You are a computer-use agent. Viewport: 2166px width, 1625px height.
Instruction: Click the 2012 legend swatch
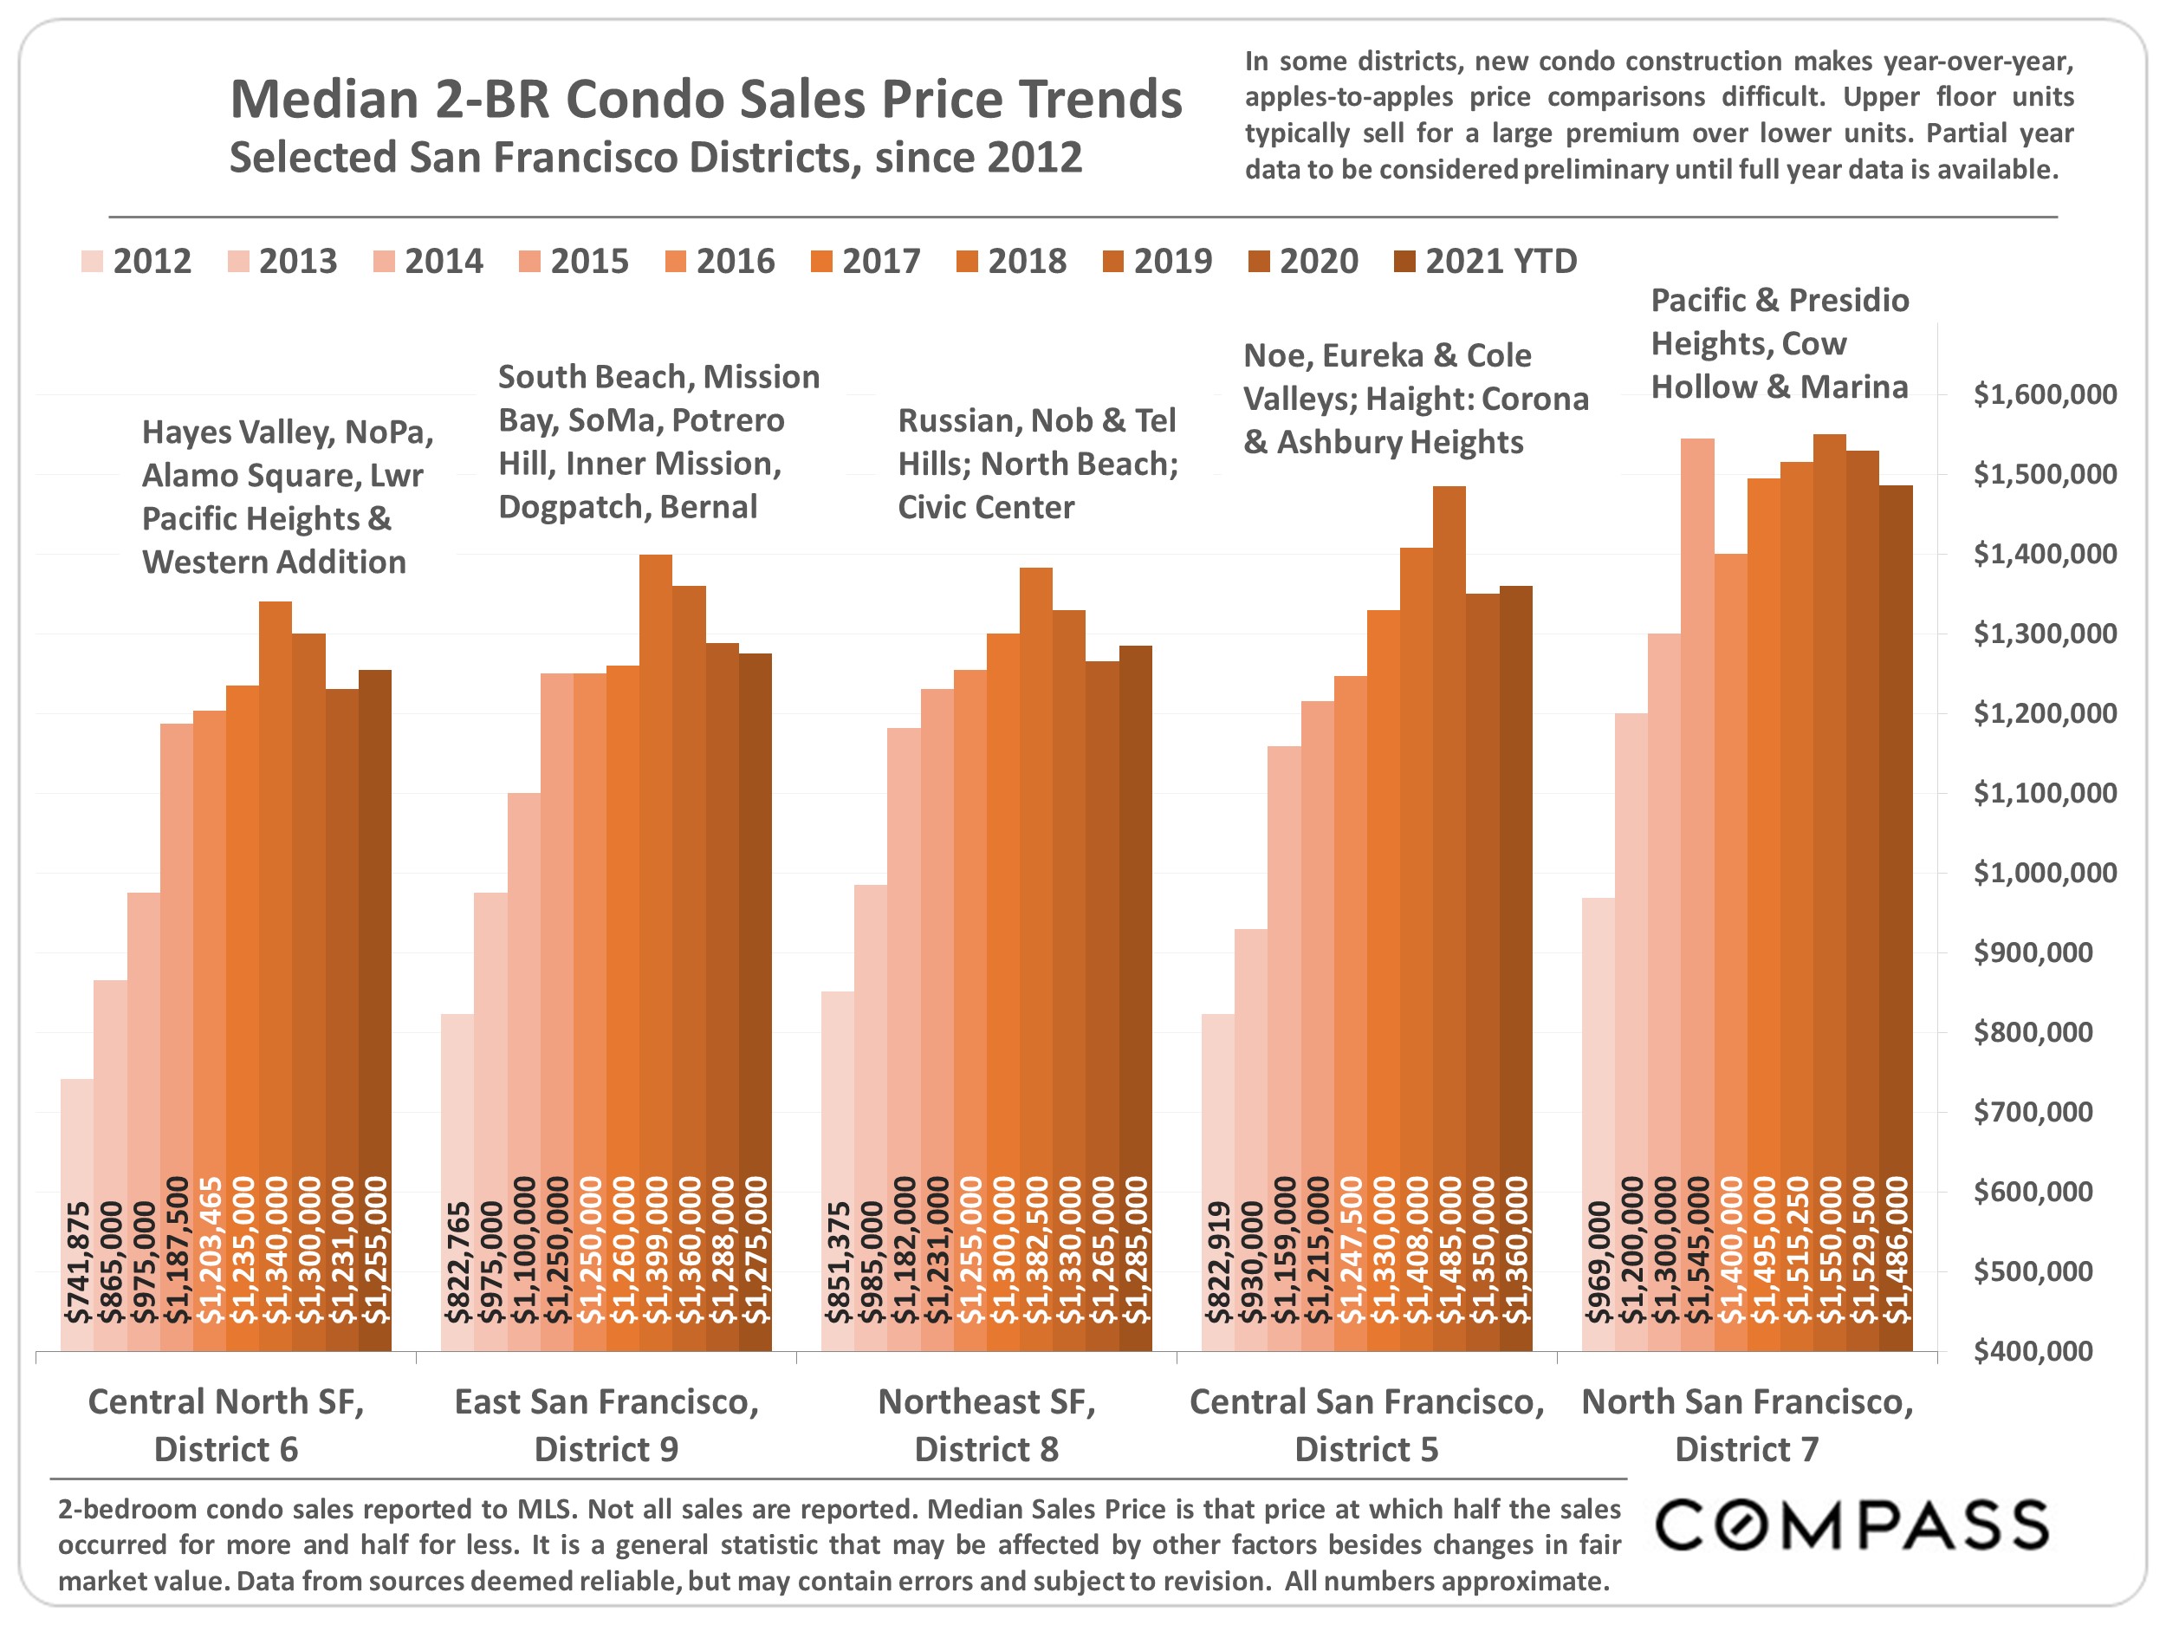coord(92,262)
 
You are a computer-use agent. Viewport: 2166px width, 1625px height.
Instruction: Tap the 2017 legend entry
coord(866,262)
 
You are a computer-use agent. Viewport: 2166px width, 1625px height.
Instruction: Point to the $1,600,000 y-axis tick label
coord(2045,394)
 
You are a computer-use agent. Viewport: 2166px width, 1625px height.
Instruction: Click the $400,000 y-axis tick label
coord(2045,1351)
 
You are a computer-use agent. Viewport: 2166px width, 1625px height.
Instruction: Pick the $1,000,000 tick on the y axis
coord(2045,873)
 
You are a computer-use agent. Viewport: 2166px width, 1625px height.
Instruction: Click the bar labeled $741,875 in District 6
coord(77,1214)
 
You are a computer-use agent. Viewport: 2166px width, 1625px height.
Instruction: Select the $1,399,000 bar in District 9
coord(655,950)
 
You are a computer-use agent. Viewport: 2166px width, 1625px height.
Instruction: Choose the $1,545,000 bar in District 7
coord(1697,891)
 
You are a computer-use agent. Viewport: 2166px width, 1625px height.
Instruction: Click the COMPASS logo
coord(1851,1525)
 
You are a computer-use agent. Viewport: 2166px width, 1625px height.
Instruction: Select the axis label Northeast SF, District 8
coord(986,1425)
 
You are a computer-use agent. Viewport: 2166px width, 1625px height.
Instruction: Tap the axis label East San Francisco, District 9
coord(606,1425)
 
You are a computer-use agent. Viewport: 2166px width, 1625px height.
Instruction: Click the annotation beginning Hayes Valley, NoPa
coord(287,497)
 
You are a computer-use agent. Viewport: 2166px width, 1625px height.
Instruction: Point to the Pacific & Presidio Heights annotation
coord(1780,343)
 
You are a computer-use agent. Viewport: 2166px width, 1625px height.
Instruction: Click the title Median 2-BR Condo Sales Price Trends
coord(705,99)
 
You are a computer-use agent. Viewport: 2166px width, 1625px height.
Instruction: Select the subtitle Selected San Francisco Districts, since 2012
coord(655,157)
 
